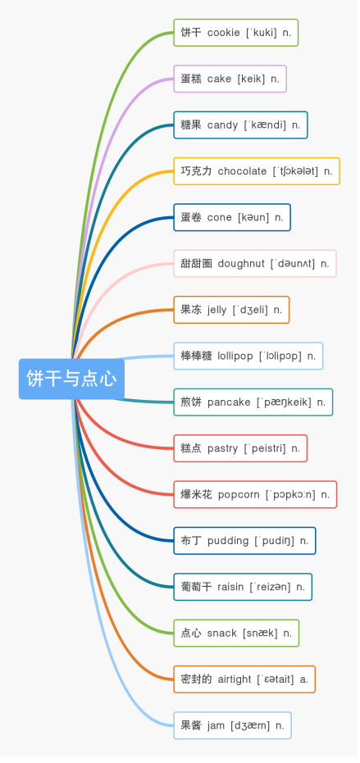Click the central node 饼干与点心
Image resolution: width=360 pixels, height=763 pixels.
71,379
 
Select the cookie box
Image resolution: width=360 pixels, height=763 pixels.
236,33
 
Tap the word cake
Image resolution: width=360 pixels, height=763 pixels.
219,79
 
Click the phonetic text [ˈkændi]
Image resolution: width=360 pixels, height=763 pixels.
265,125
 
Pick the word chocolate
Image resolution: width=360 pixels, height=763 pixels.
242,171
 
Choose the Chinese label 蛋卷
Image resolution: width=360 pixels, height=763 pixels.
191,217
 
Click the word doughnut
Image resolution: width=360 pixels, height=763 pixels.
241,264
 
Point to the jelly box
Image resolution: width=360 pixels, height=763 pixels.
231,310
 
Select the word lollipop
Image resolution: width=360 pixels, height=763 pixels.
235,357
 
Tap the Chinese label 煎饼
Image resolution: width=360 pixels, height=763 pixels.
191,402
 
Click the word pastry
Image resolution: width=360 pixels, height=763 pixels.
222,448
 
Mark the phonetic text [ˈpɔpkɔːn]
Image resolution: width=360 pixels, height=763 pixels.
290,495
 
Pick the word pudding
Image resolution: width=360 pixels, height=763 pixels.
228,541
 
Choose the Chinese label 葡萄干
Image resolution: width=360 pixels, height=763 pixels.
196,588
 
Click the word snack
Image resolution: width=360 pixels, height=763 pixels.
222,634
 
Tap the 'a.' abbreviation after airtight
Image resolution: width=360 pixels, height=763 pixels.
304,679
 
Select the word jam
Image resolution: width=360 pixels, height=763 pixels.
216,726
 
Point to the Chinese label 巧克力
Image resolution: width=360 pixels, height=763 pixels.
196,171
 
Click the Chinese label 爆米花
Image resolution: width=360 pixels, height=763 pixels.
196,495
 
